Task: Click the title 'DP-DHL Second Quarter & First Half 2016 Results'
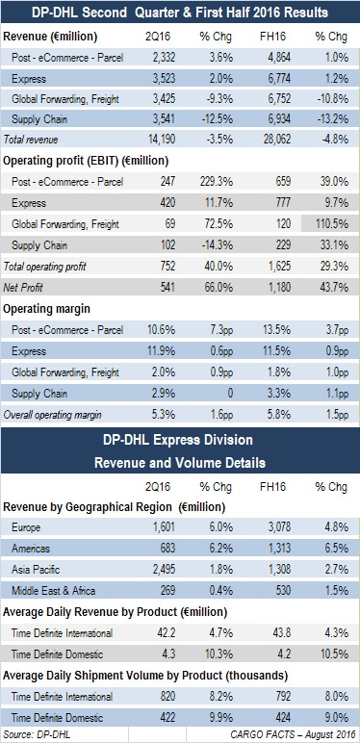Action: click(180, 13)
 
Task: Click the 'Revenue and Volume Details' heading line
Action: click(180, 460)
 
